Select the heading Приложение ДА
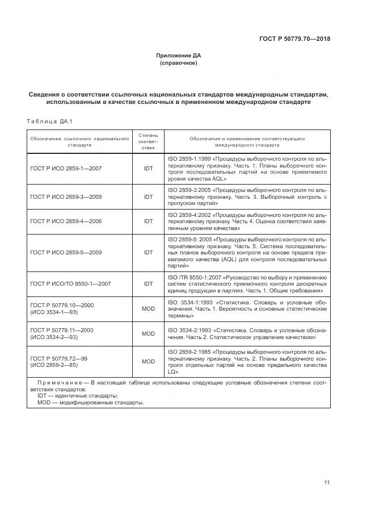click(179, 55)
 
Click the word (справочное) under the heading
click(179, 63)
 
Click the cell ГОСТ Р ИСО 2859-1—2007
click(66, 168)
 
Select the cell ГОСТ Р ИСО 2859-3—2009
click(66, 197)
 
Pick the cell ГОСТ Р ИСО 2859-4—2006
click(66, 221)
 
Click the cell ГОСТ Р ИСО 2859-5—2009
click(66, 252)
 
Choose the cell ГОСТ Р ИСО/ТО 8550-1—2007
click(70, 283)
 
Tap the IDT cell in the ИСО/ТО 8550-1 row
click(148, 283)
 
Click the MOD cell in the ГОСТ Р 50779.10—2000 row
click(148, 309)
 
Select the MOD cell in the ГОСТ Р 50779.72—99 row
click(148, 361)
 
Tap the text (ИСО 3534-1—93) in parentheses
click(54, 312)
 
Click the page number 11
click(327, 483)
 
